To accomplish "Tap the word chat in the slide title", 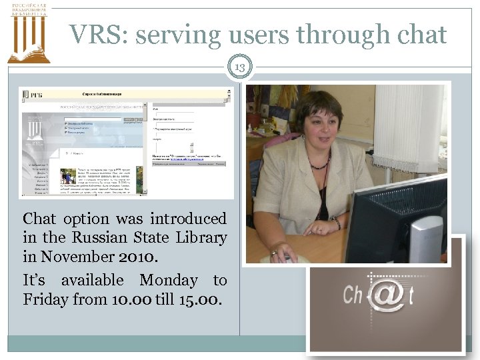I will click(x=419, y=35).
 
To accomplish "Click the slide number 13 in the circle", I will click(x=240, y=67).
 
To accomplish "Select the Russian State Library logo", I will click(x=29, y=33).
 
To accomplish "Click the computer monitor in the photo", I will click(x=393, y=220).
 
